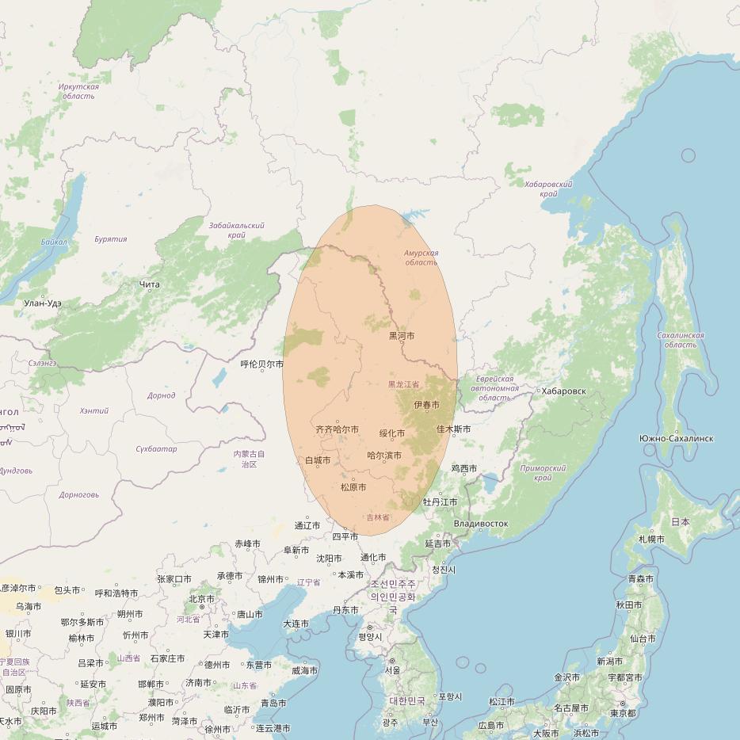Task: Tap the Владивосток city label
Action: (x=481, y=524)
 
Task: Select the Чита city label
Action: (x=149, y=284)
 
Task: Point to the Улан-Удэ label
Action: (x=43, y=303)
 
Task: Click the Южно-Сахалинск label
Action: (x=676, y=438)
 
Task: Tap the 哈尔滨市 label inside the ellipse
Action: (x=384, y=456)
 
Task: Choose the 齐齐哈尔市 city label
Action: (x=337, y=429)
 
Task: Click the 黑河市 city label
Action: (x=401, y=336)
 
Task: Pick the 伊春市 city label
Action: (x=426, y=406)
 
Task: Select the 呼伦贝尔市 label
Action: (x=261, y=364)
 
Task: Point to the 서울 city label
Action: (x=392, y=670)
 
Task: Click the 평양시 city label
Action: (x=369, y=637)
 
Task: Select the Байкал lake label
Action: (x=55, y=242)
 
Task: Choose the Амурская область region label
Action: (x=421, y=258)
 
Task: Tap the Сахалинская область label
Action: (x=681, y=340)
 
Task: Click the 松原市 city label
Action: (x=353, y=487)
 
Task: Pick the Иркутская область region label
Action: (x=78, y=91)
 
